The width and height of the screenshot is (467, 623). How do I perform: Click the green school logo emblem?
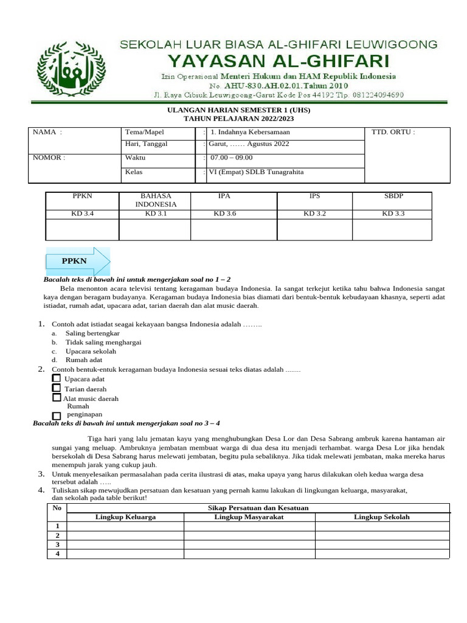[71, 69]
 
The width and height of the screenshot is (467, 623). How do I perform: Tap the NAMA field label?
[47, 132]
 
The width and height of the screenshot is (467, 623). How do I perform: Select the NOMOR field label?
[49, 158]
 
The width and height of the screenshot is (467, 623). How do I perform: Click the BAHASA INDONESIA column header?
[155, 200]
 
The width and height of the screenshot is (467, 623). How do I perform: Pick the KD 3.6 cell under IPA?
[224, 214]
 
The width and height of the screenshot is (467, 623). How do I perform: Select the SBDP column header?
[393, 197]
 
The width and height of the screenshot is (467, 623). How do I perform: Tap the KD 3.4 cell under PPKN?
[83, 214]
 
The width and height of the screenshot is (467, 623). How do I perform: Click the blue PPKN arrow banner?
[77, 261]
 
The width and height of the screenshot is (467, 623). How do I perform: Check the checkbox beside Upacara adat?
[57, 378]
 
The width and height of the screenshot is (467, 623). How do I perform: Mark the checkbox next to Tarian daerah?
[57, 388]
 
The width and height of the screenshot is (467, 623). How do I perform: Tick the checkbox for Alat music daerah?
[57, 398]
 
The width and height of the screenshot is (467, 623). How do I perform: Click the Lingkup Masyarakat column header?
[249, 517]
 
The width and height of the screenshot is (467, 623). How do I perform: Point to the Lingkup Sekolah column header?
[382, 517]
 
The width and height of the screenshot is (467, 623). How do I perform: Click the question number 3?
[41, 474]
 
